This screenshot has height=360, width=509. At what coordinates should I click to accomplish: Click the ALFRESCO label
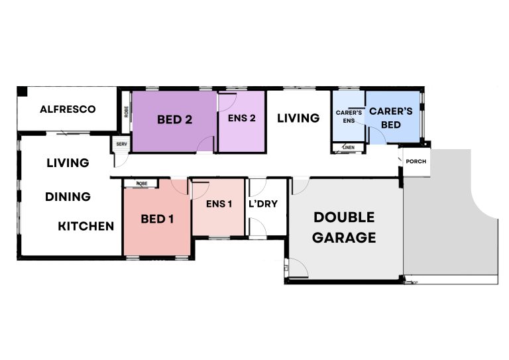(x=68, y=109)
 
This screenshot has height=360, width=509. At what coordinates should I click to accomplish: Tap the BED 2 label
(x=174, y=120)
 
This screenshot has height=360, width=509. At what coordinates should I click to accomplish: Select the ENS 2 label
(x=241, y=119)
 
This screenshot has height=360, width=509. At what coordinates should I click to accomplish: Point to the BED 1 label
(x=157, y=218)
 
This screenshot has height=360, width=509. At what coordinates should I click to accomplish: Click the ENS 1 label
(x=219, y=204)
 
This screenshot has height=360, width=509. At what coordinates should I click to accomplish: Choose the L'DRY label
(x=262, y=204)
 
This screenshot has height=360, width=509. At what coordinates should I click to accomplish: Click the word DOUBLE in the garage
(x=344, y=217)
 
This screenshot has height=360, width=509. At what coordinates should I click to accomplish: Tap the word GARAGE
(x=344, y=237)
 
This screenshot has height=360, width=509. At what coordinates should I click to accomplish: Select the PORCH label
(x=416, y=162)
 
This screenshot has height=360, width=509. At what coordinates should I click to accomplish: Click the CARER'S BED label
(x=391, y=117)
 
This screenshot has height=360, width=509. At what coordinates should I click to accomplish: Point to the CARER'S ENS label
(x=349, y=117)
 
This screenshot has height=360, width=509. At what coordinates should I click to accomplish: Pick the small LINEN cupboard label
(x=349, y=147)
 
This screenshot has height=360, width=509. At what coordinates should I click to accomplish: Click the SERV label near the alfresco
(x=121, y=144)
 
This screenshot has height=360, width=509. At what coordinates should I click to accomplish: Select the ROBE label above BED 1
(x=141, y=183)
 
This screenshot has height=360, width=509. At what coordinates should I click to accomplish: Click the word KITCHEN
(x=86, y=226)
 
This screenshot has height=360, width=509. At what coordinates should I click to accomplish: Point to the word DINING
(x=68, y=196)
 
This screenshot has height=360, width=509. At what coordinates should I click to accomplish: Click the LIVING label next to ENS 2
(x=298, y=118)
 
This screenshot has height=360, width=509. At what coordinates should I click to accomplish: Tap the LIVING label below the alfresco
(x=68, y=162)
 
